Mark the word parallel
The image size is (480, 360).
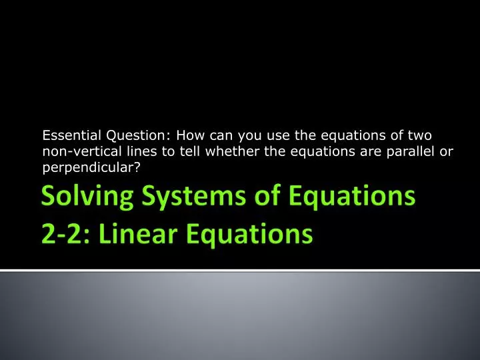coord(410,151)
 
